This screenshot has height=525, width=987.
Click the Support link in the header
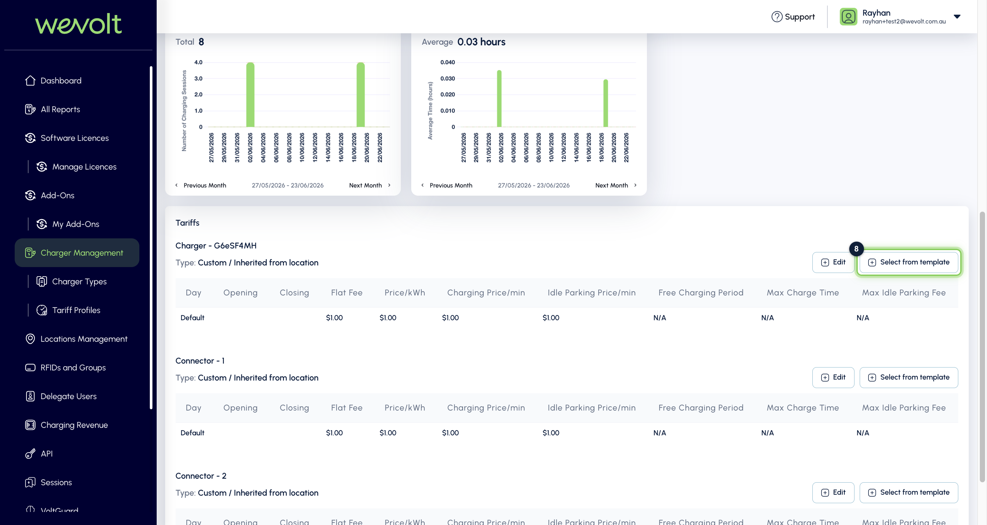click(793, 17)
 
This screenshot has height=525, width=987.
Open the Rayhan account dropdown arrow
click(957, 16)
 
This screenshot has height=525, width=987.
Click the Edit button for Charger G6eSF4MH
click(833, 262)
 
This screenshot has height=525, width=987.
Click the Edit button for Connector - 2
click(833, 492)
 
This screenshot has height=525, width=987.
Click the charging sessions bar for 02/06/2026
click(250, 95)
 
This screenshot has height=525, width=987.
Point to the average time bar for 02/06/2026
click(499, 98)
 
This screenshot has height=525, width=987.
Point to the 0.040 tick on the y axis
click(447, 62)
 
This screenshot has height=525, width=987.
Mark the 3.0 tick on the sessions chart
click(198, 79)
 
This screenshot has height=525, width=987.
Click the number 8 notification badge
click(856, 249)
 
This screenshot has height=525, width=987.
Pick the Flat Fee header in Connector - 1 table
click(346, 408)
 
